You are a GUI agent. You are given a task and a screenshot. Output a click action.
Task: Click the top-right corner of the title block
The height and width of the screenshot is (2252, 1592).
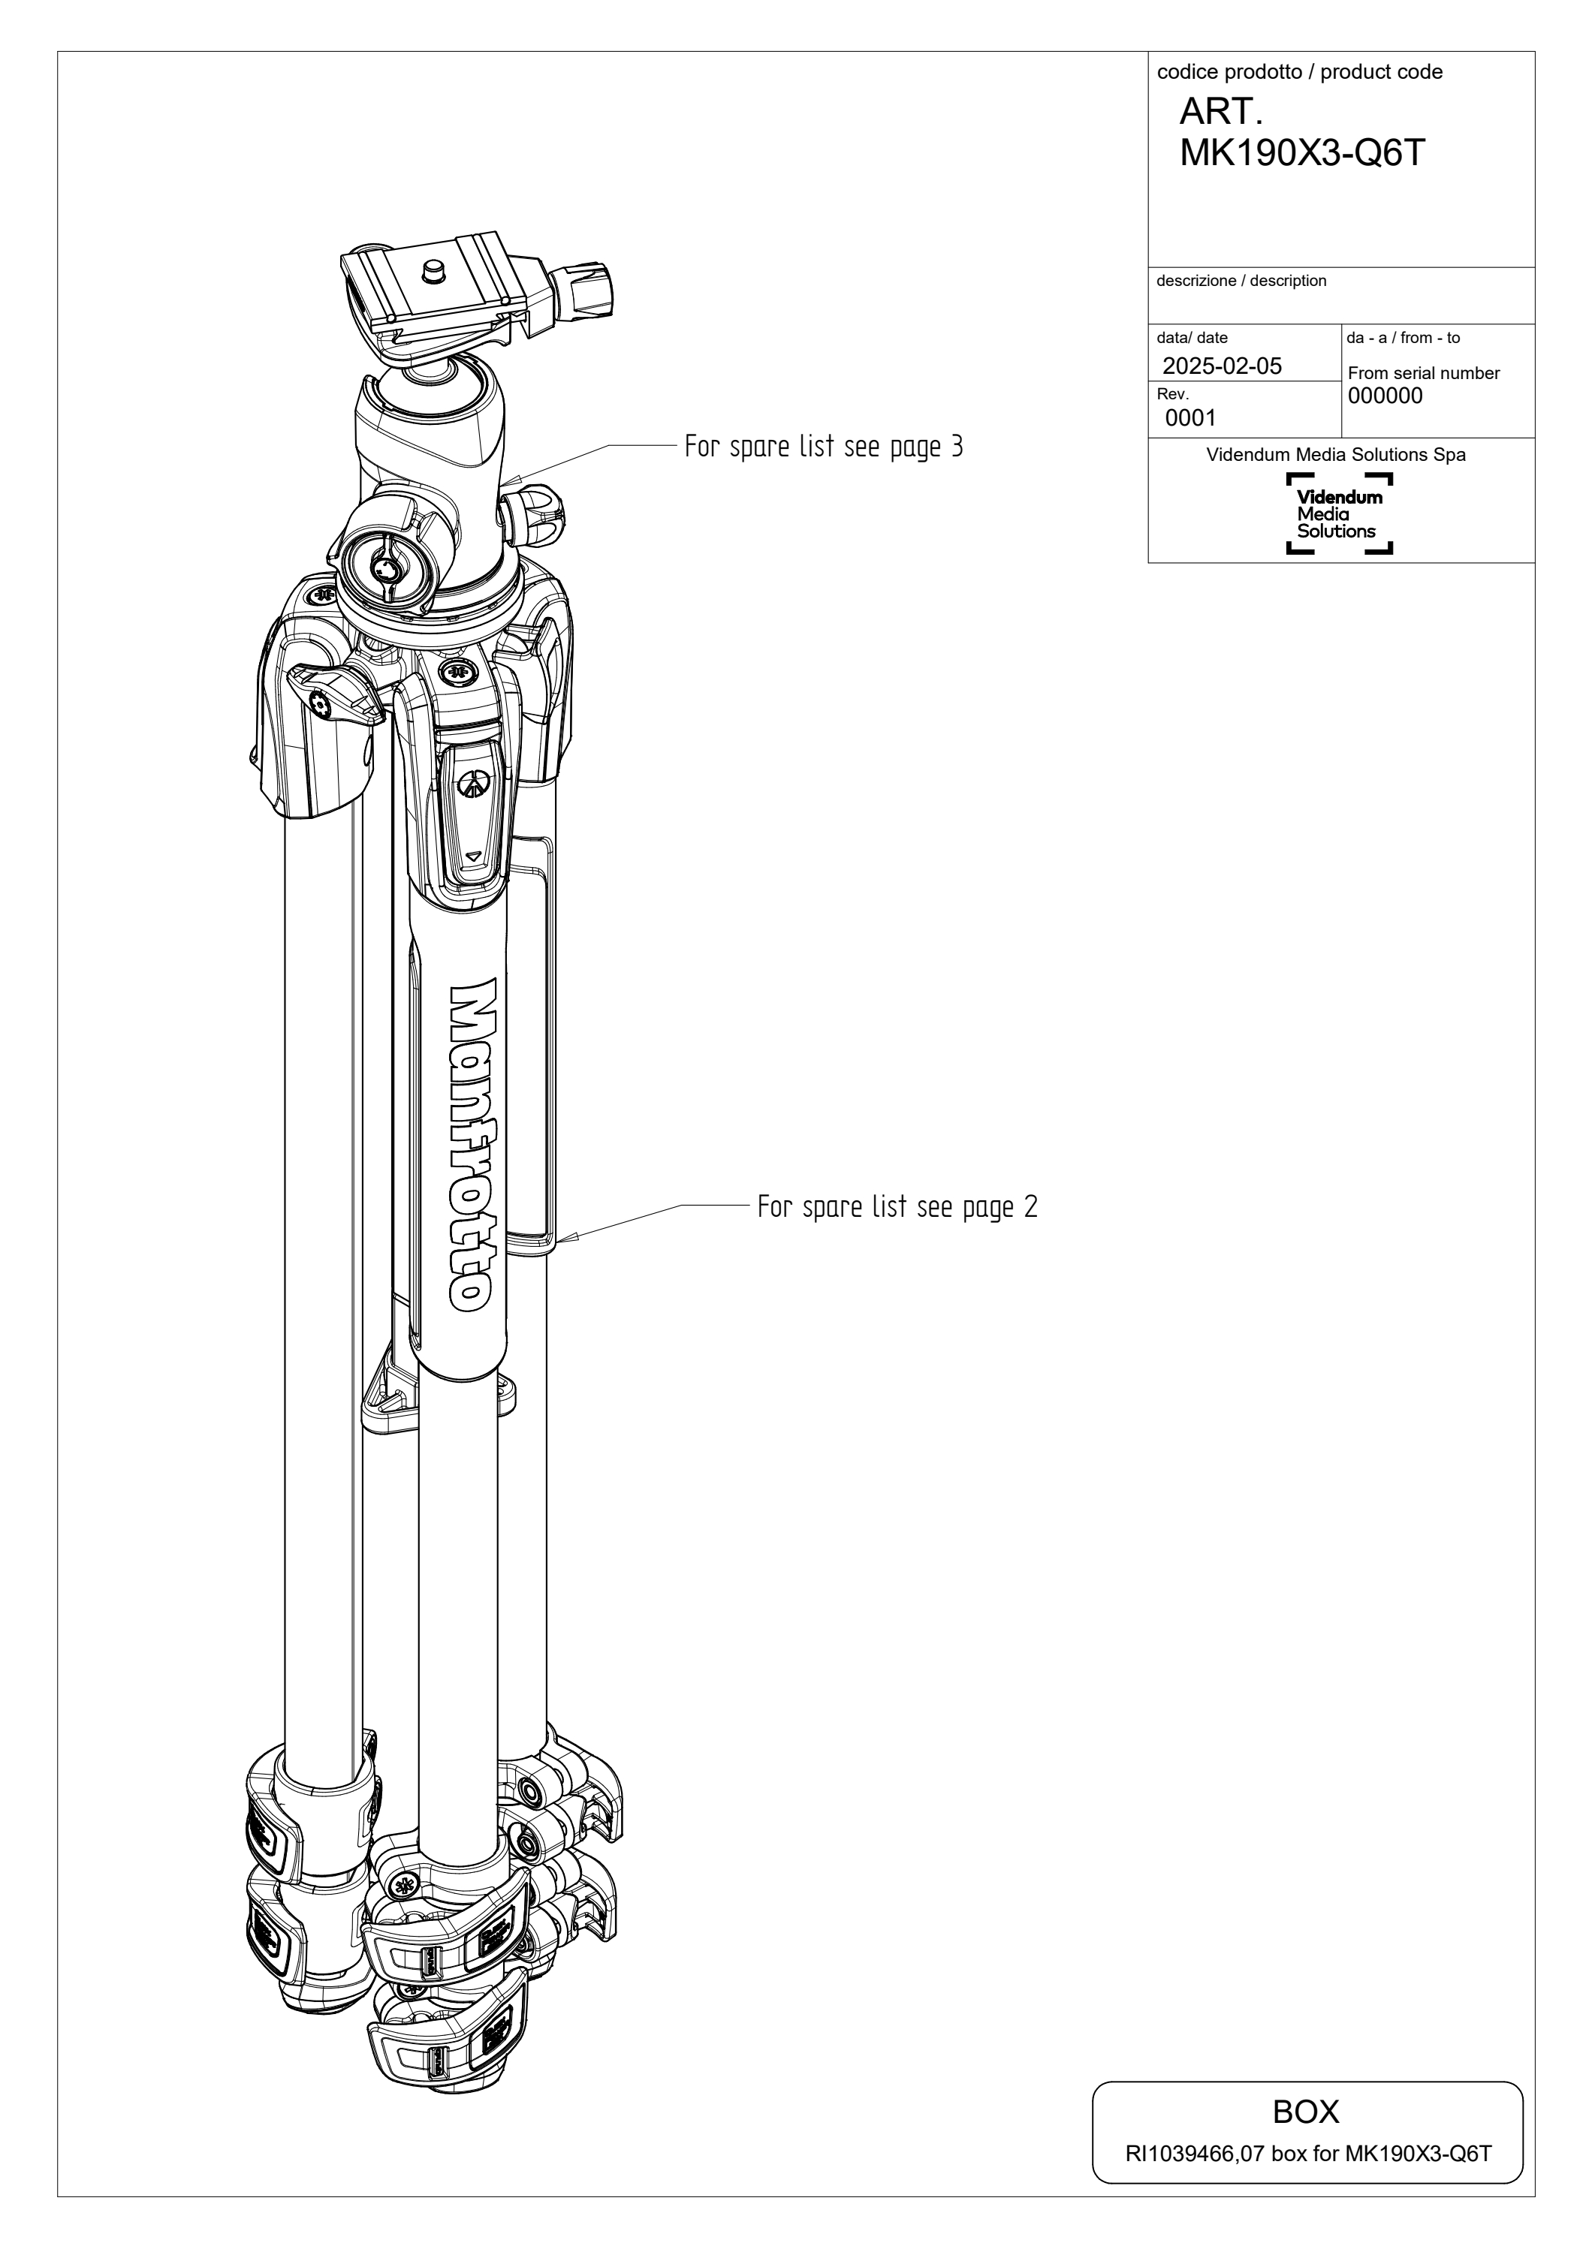point(1534,52)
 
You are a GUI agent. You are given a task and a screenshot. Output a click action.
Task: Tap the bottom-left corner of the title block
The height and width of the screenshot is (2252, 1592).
point(1149,563)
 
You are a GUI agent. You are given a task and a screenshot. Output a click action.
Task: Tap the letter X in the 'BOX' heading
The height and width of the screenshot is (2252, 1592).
point(1326,2112)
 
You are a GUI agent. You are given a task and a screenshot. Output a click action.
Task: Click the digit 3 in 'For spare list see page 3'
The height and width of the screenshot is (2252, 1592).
point(957,447)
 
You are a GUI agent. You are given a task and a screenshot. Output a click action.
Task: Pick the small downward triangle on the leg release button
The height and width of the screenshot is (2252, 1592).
point(475,855)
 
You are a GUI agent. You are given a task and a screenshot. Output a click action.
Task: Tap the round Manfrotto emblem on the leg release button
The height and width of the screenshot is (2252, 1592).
point(475,781)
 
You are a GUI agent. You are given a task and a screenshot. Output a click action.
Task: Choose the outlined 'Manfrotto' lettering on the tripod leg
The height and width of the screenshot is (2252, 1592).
point(472,1144)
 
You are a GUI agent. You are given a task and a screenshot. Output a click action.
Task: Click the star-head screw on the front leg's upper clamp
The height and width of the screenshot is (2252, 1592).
point(403,1884)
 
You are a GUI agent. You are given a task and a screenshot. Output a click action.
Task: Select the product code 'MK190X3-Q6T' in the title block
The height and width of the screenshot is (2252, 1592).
point(1301,153)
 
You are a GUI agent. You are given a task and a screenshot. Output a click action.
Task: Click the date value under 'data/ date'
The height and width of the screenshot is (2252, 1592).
point(1223,366)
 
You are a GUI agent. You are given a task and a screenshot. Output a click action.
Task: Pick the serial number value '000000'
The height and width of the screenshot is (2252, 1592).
point(1385,396)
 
